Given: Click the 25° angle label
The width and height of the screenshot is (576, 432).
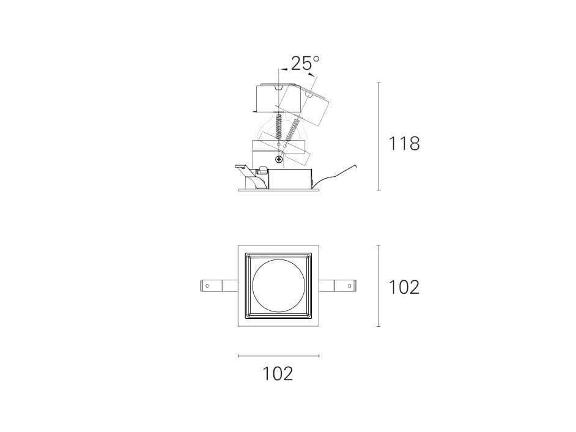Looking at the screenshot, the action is point(305,63).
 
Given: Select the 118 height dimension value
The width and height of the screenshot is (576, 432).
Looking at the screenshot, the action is point(404,143).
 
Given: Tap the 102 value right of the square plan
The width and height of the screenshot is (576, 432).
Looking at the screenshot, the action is point(404,287).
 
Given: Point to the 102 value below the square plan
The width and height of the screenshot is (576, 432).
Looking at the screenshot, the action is point(278,373).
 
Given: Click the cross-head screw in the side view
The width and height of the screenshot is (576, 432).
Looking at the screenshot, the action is point(279,159).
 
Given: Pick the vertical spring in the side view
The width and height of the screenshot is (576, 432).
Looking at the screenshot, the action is point(279,127).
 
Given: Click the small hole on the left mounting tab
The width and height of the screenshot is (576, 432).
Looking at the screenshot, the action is point(207,286).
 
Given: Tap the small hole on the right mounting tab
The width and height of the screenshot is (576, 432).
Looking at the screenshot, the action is point(349,286).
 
